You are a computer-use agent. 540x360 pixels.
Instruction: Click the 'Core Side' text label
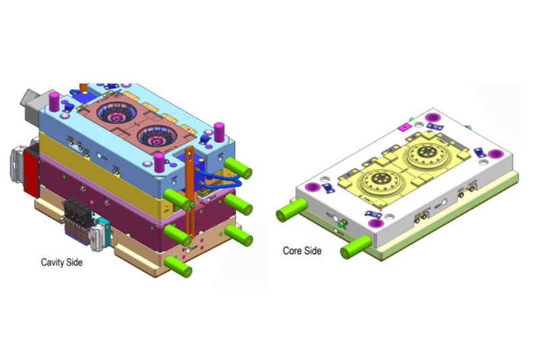tap(302, 251)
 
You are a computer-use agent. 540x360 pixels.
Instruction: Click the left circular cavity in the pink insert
tap(112, 114)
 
